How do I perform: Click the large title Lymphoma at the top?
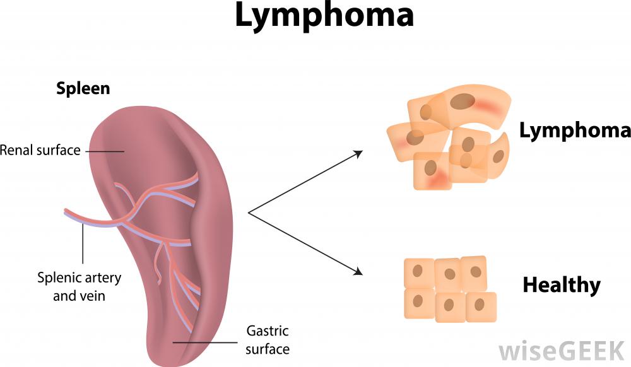point(324,17)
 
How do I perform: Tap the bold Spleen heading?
point(83,88)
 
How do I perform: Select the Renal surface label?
point(40,151)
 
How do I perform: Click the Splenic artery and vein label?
point(79,286)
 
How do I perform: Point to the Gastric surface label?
point(268,339)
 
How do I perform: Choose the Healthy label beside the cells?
point(561,285)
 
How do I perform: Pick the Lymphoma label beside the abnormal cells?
point(574,131)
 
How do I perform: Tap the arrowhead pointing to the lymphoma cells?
point(359,153)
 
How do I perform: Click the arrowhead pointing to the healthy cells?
point(359,272)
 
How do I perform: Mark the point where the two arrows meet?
point(249,213)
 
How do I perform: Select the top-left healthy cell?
point(418,273)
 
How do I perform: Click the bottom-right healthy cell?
point(481,306)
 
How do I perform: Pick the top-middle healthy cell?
point(448,273)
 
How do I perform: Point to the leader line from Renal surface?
point(104,151)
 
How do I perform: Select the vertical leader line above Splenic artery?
point(83,243)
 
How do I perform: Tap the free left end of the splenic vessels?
point(66,213)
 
